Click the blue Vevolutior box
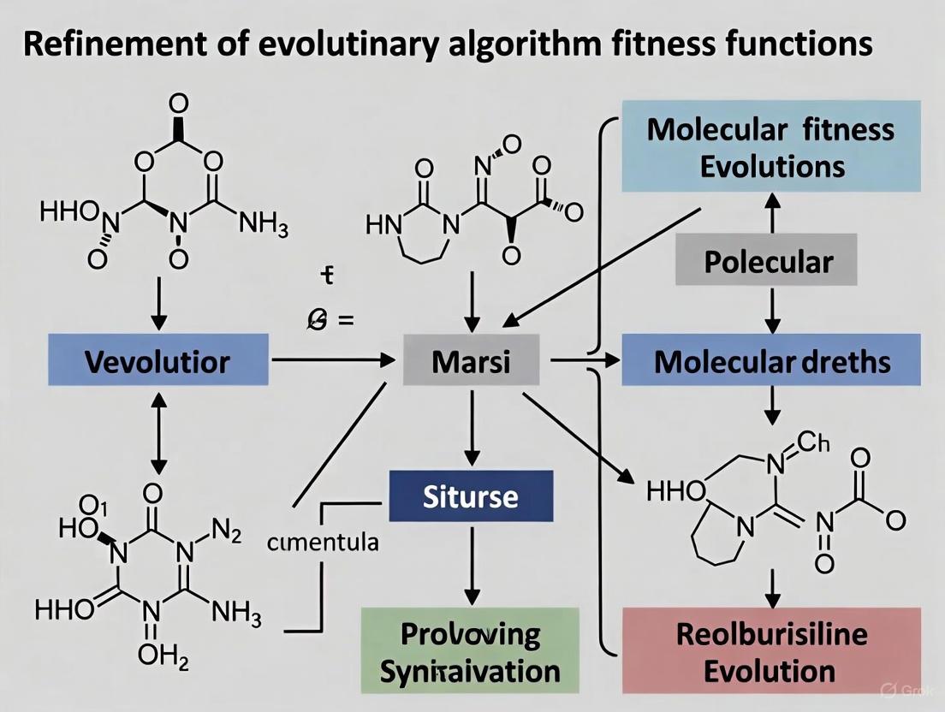[157, 361]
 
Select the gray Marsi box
[471, 361]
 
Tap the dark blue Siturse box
[471, 496]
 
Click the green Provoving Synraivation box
[470, 651]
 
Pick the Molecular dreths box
[771, 361]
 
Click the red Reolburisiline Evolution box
[771, 651]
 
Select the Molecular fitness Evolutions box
[771, 146]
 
